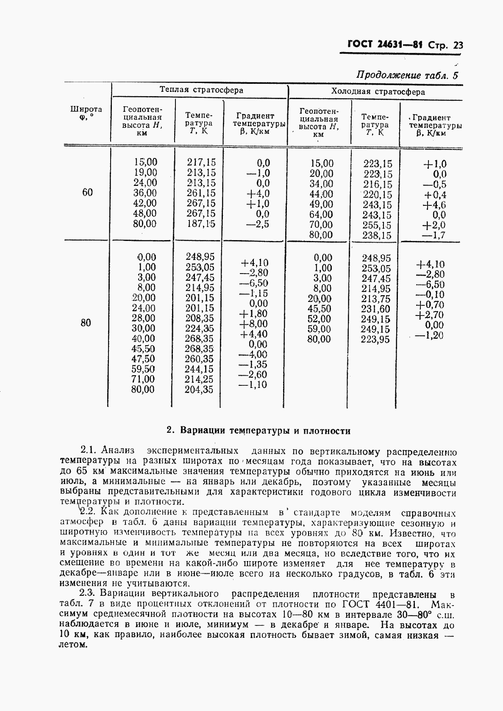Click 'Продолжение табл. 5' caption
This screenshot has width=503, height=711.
(407, 76)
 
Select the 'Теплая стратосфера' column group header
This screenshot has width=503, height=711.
(201, 90)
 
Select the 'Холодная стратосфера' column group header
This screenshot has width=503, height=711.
(378, 91)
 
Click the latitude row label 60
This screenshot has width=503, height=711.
(87, 193)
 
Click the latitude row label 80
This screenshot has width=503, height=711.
(86, 323)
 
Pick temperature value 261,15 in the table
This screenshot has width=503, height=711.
(201, 193)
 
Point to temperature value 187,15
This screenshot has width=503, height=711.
(201, 224)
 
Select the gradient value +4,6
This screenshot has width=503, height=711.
(434, 205)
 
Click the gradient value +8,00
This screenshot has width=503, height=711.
(253, 324)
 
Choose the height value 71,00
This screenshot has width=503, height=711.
(143, 379)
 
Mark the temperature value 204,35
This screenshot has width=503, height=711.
(199, 390)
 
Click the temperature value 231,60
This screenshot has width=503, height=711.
(375, 309)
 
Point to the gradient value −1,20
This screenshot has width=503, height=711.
(430, 335)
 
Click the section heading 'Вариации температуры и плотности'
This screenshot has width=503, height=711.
(265, 431)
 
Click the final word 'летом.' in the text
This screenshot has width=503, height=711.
(73, 645)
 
